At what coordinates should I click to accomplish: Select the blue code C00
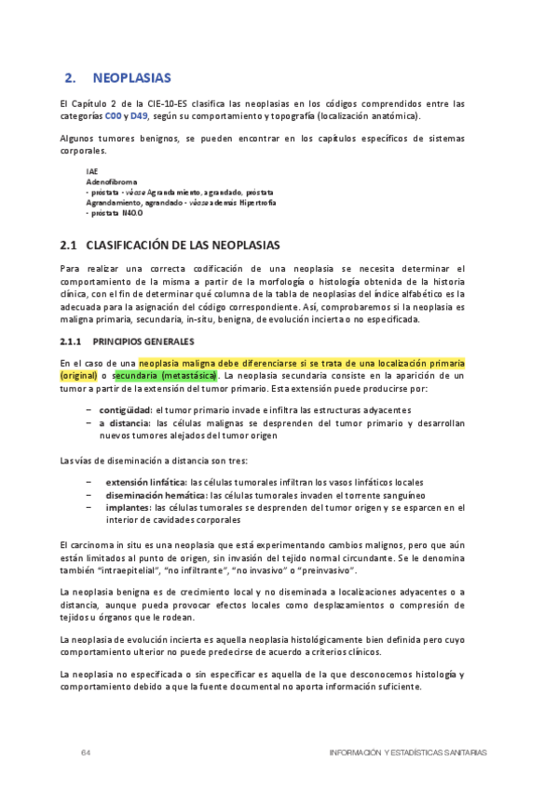[113, 116]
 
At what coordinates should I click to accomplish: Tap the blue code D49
[139, 116]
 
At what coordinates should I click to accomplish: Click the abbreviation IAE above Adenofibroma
[91, 172]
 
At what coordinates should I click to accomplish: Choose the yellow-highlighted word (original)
[78, 375]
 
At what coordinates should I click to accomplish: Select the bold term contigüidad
[125, 409]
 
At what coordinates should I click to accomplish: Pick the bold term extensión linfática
[144, 482]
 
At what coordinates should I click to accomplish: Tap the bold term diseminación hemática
[152, 495]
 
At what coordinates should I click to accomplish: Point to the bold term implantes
[128, 508]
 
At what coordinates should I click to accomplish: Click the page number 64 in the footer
[85, 752]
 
